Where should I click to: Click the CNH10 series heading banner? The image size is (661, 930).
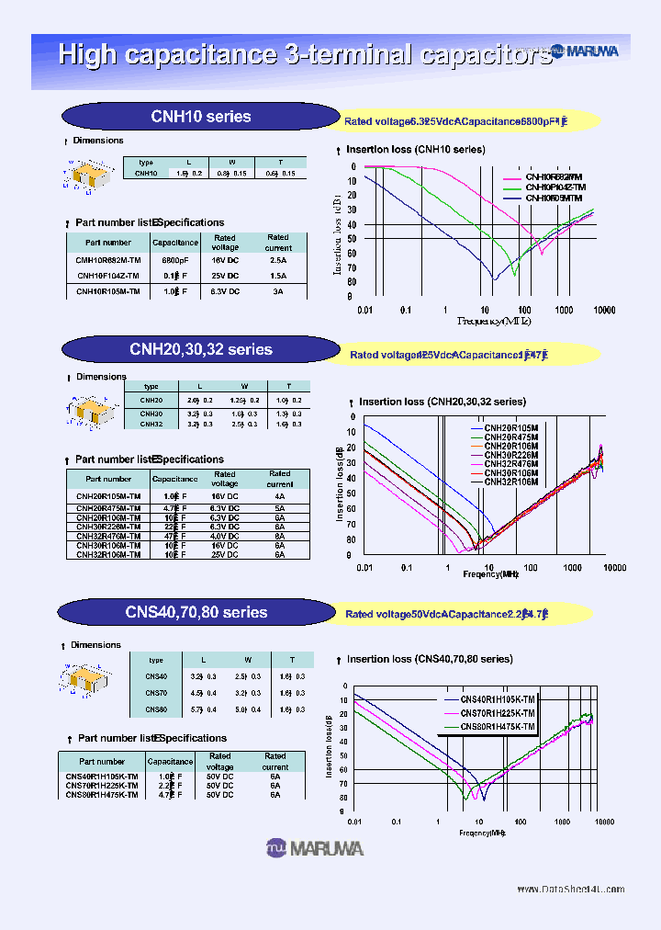(x=200, y=117)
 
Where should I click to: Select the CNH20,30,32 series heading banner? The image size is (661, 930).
(x=200, y=349)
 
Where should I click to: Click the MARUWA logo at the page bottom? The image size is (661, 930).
(x=315, y=847)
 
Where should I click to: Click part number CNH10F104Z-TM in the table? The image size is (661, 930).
(x=107, y=276)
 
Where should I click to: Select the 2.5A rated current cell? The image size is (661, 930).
(x=277, y=260)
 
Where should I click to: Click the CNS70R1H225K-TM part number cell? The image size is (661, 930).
(x=102, y=785)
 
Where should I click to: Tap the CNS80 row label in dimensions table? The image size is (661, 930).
(x=156, y=710)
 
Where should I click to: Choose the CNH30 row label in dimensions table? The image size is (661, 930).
(x=151, y=414)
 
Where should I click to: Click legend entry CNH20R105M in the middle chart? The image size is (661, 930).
(x=511, y=429)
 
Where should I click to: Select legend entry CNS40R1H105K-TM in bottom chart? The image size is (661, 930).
(x=497, y=699)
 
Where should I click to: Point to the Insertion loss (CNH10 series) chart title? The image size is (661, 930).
(x=415, y=149)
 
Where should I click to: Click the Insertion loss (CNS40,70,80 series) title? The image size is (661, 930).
(x=427, y=659)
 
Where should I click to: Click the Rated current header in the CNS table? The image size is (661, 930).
(x=274, y=761)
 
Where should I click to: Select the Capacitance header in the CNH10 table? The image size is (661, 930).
(x=174, y=243)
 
